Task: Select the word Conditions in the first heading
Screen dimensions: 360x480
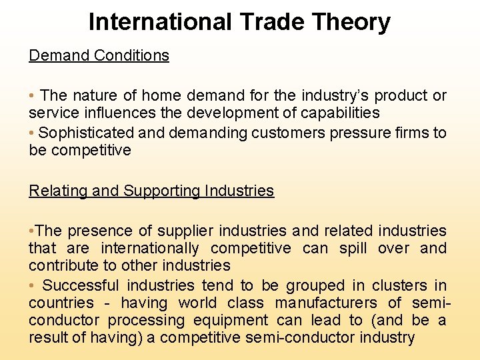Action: (131, 55)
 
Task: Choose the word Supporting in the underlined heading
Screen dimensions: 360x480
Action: (161, 191)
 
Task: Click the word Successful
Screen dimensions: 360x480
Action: (81, 286)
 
